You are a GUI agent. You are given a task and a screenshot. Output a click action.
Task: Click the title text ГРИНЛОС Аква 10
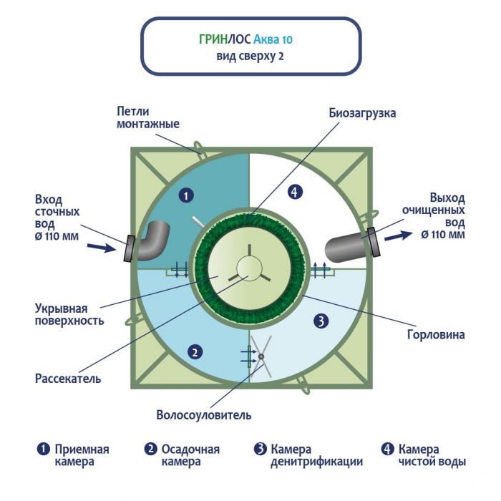click(250, 40)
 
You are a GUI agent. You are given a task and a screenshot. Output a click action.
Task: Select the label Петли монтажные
click(147, 117)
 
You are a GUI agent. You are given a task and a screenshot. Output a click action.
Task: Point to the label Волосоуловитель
click(204, 415)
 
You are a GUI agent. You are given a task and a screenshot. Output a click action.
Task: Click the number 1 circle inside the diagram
click(185, 194)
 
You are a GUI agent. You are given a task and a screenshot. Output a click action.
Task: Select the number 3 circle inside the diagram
click(321, 321)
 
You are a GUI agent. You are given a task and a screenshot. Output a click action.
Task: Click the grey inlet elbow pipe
click(152, 240)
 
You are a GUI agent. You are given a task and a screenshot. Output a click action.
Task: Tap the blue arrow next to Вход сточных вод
click(104, 248)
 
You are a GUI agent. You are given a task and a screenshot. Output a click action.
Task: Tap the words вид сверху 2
click(250, 57)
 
